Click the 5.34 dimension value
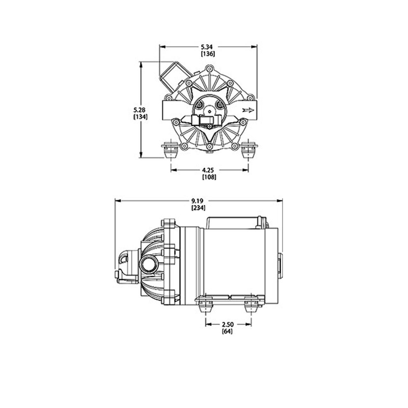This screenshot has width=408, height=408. click(x=208, y=47)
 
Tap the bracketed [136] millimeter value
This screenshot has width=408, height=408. click(x=208, y=54)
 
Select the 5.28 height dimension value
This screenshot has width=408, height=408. click(x=140, y=110)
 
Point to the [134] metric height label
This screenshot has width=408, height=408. click(x=140, y=117)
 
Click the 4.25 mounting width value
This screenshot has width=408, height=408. click(x=209, y=170)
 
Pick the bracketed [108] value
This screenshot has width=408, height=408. click(x=209, y=177)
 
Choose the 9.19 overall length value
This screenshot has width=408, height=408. click(x=198, y=201)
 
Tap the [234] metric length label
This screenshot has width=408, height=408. click(x=198, y=208)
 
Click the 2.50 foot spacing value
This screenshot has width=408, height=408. click(x=228, y=324)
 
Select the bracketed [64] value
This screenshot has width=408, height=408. click(x=227, y=331)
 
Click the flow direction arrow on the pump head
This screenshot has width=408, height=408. click(x=248, y=110)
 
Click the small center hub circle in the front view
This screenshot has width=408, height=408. click(x=209, y=111)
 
